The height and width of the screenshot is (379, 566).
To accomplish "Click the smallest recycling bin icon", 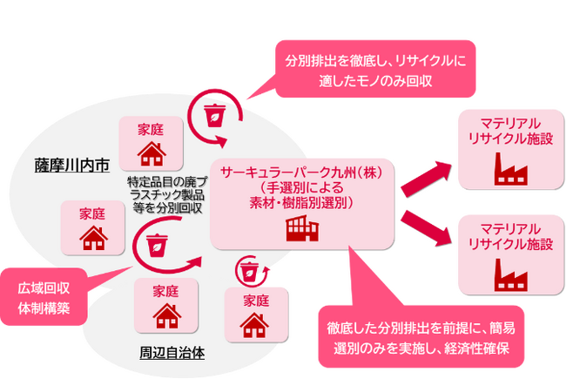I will pos(249,270).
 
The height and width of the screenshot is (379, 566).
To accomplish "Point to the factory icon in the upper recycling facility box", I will pos(509,167).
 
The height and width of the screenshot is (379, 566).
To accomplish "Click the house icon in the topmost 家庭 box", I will pos(152,152).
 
